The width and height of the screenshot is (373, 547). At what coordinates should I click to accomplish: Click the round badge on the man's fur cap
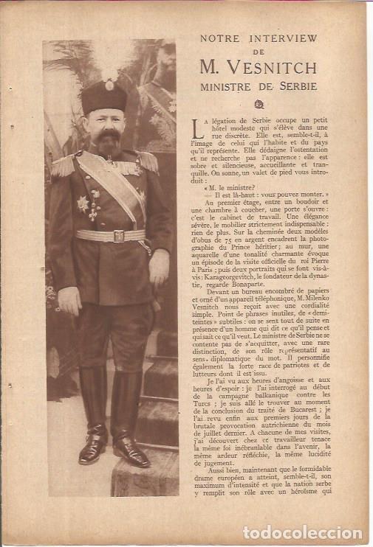coord(109,86)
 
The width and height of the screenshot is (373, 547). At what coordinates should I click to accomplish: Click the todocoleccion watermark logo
coord(302,532)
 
